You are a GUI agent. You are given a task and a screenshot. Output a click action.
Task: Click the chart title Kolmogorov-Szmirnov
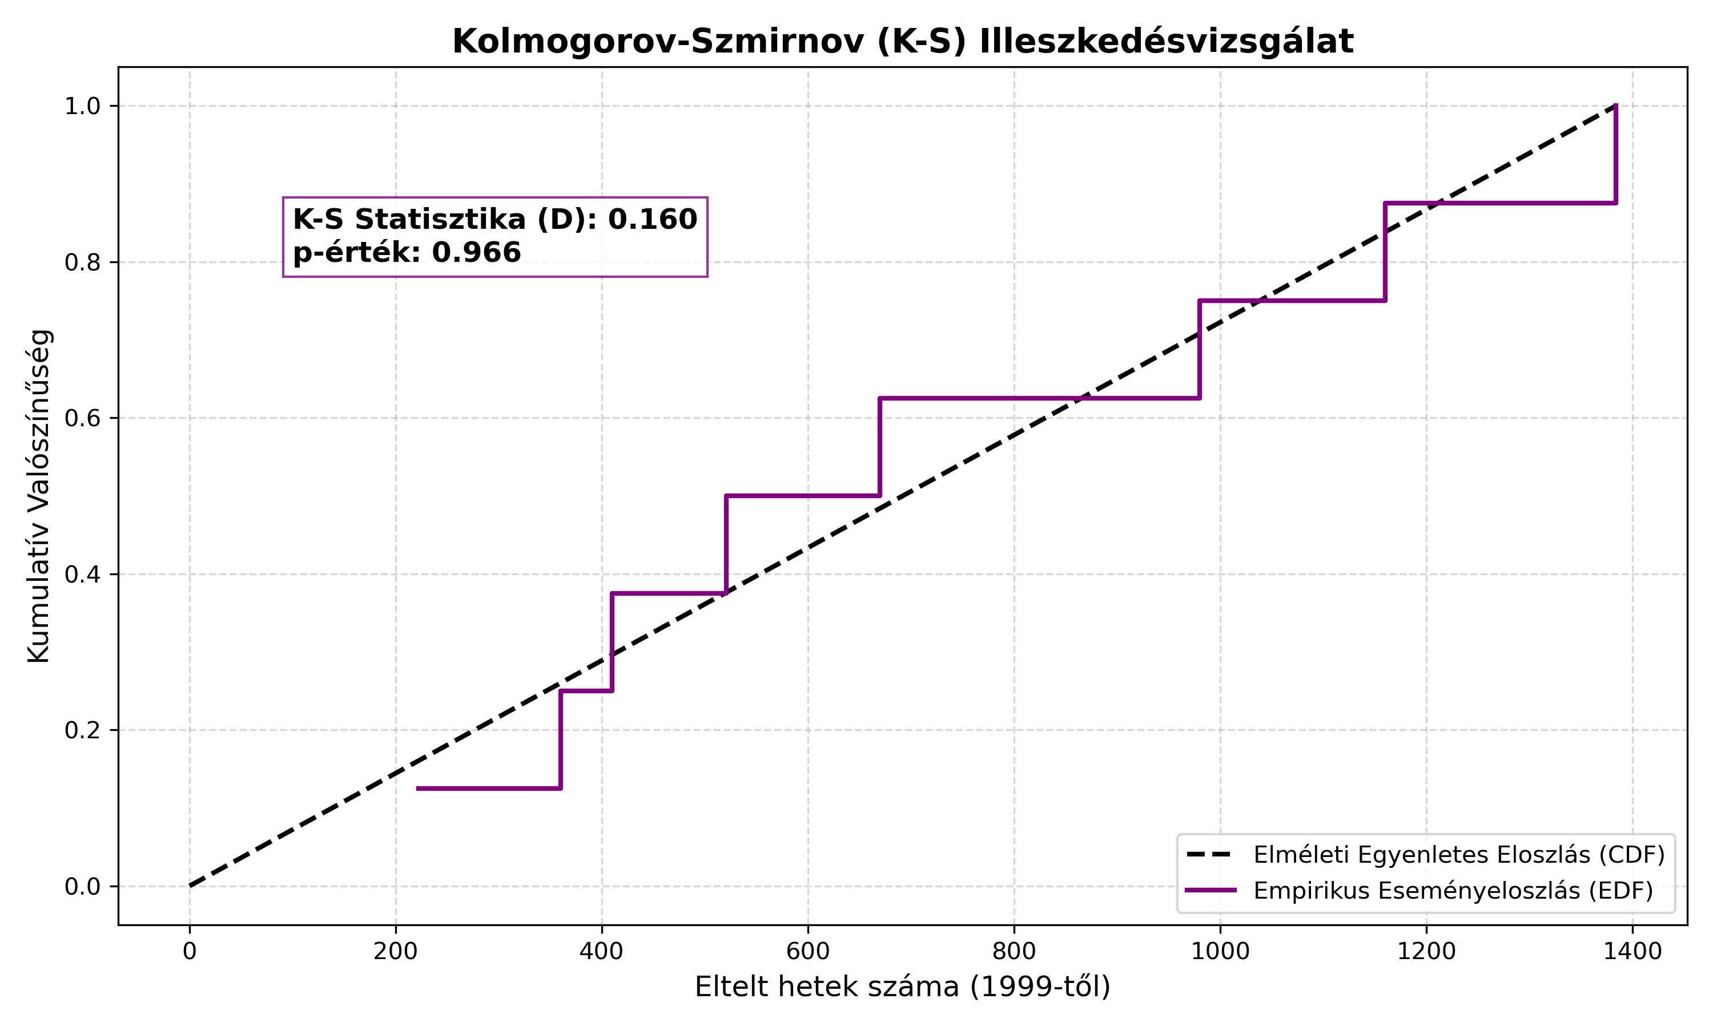pyautogui.click(x=902, y=42)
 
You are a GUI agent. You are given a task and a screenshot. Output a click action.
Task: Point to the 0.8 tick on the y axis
pyautogui.click(x=82, y=262)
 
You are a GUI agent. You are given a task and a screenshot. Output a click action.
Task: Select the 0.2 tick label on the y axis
pyautogui.click(x=82, y=730)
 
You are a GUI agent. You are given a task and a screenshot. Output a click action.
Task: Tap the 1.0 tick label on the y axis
pyautogui.click(x=82, y=106)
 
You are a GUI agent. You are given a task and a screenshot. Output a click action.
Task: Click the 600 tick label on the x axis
pyautogui.click(x=808, y=952)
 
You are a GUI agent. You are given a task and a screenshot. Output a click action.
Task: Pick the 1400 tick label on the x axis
pyautogui.click(x=1632, y=952)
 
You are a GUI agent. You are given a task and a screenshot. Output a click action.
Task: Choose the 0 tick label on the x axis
pyautogui.click(x=190, y=952)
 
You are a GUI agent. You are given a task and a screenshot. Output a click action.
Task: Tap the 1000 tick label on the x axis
pyautogui.click(x=1220, y=952)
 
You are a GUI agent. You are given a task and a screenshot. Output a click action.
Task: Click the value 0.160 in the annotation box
pyautogui.click(x=652, y=220)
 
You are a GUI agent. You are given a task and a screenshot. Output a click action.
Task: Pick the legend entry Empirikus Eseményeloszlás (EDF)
pyautogui.click(x=1453, y=891)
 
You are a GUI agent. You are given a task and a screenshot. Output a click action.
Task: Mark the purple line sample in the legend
pyautogui.click(x=1211, y=891)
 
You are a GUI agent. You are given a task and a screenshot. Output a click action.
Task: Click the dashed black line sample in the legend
pyautogui.click(x=1211, y=855)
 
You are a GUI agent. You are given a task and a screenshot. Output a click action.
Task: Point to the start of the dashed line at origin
pyautogui.click(x=190, y=886)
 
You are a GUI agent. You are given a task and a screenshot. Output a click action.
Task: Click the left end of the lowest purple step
pyautogui.click(x=417, y=789)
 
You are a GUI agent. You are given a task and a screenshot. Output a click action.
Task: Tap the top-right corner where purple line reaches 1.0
pyautogui.click(x=1616, y=106)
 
